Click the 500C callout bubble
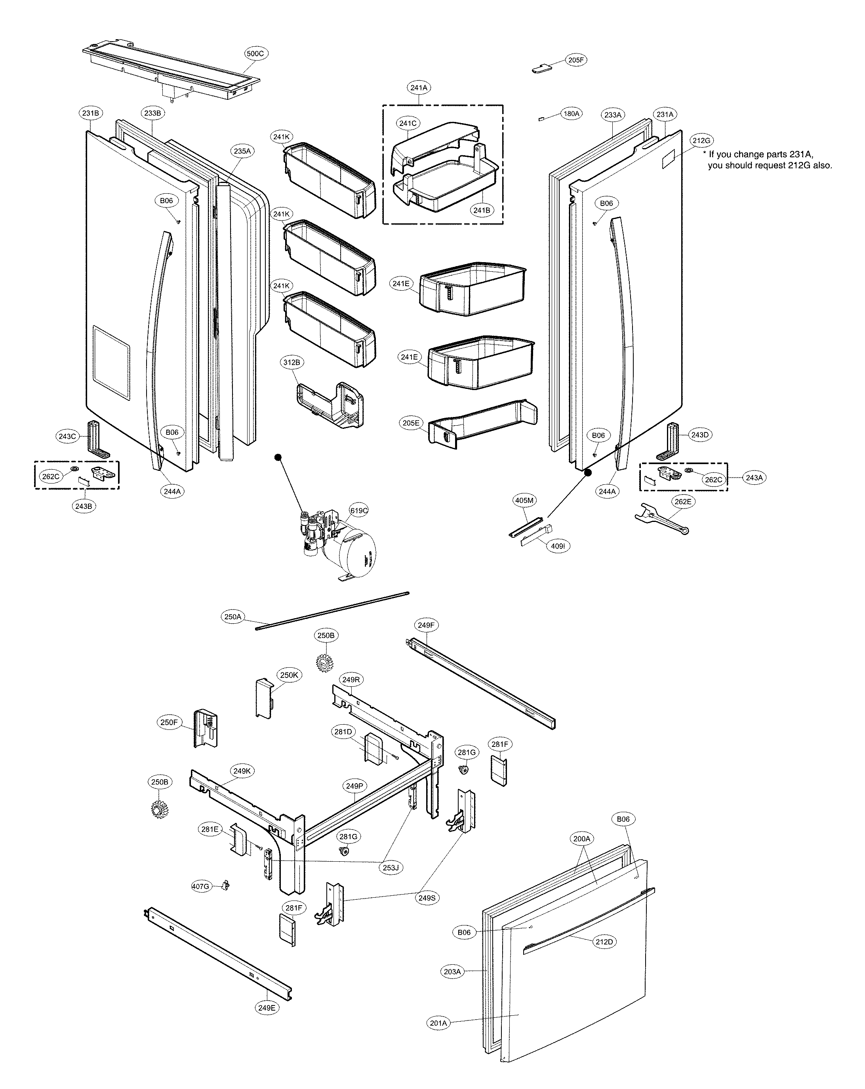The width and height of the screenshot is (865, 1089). coord(255,53)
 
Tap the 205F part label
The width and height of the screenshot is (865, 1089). coord(575,60)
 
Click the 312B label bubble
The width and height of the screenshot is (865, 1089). coord(292,363)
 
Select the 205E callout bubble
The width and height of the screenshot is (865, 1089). coord(411,423)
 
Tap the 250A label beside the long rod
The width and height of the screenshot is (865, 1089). coord(233,617)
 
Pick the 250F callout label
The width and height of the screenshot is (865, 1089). coord(169,723)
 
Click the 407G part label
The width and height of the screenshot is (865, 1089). coord(200,887)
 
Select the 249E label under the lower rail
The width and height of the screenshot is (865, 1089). coord(267,1008)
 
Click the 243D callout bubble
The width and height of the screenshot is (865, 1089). coord(700,435)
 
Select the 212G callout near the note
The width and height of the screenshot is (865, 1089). coord(701,141)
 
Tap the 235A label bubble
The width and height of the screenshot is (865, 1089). coord(242,151)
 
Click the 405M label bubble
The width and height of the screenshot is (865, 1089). coord(524,501)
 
